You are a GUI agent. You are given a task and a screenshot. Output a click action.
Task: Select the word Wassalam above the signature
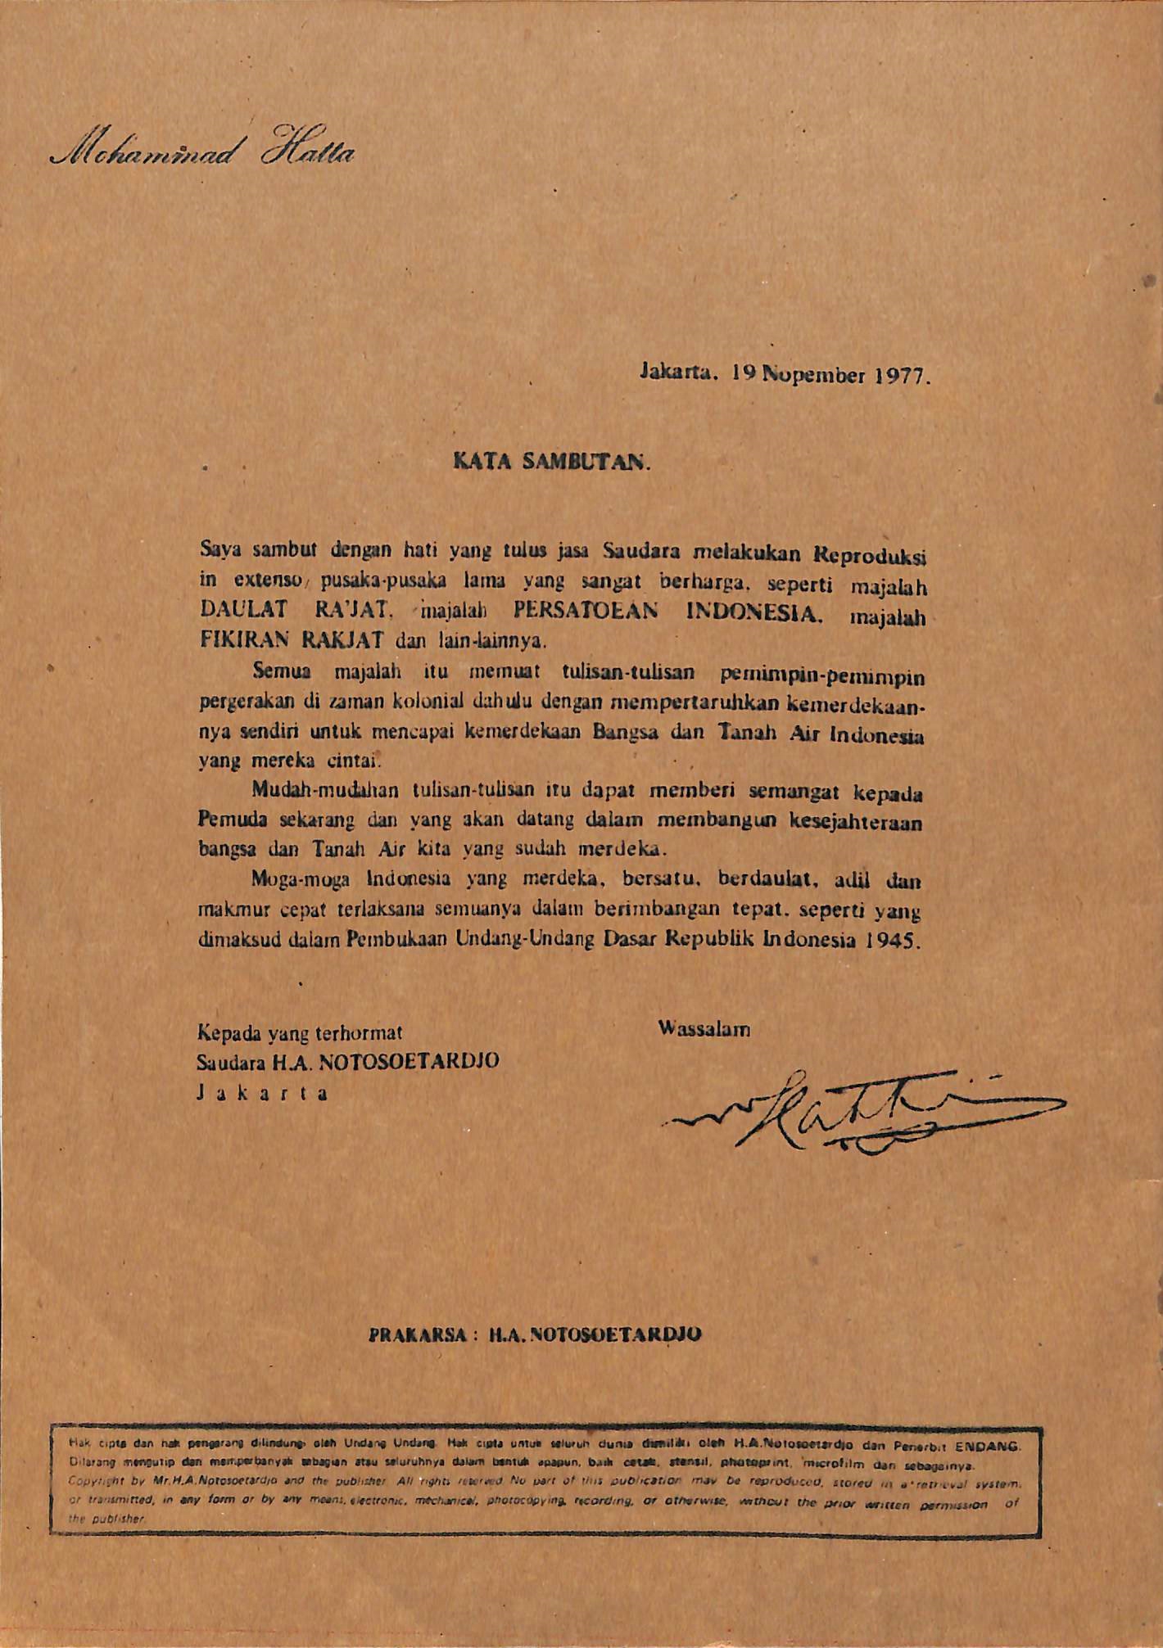[x=704, y=1029]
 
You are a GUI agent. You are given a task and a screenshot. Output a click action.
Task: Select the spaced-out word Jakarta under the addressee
[x=262, y=1093]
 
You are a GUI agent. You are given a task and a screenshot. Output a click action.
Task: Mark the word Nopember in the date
[x=811, y=377]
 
